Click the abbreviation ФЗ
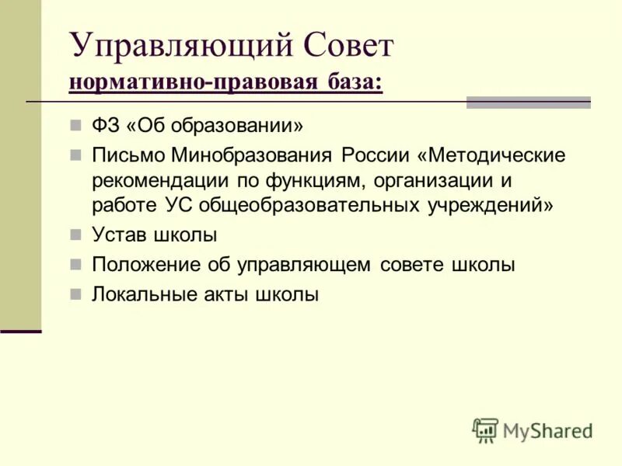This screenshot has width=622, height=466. coord(103,125)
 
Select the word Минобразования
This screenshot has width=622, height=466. coord(249,155)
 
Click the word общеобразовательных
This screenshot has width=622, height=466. coord(311,206)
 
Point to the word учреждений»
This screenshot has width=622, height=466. coord(490,206)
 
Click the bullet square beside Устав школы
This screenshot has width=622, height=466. coord(75,235)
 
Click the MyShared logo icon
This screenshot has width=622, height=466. coord(484,429)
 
